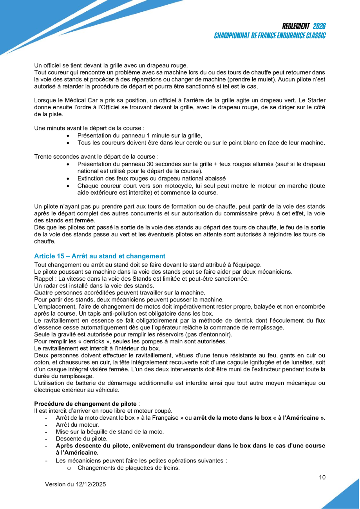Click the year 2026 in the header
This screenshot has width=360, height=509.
coord(319,26)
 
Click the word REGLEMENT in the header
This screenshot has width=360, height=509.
coord(296,26)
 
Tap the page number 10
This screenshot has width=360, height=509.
coord(322,477)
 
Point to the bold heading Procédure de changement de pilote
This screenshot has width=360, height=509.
coord(85,404)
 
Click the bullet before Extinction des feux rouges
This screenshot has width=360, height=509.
coord(69,178)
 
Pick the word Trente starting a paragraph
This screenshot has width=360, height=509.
coord(43,157)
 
